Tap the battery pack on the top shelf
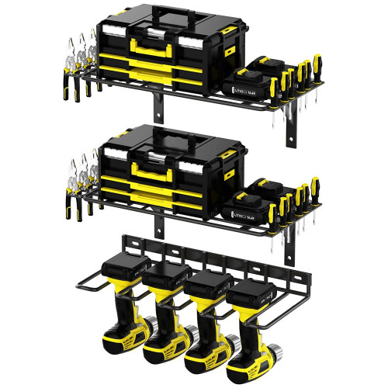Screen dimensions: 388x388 [250, 81]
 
